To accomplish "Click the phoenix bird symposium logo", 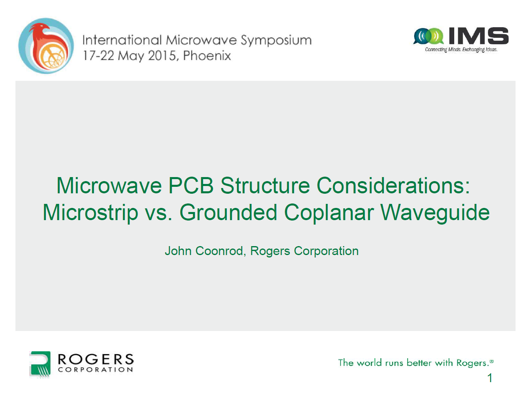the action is pyautogui.click(x=46, y=46).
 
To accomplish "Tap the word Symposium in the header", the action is pyautogui.click(x=276, y=41).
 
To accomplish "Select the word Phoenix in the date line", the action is pyautogui.click(x=207, y=56).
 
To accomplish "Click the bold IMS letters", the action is pyautogui.click(x=478, y=36).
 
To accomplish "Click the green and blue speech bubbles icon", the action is pyautogui.click(x=428, y=36).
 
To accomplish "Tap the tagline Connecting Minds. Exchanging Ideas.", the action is pyautogui.click(x=461, y=50).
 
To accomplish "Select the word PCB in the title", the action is pyautogui.click(x=191, y=185).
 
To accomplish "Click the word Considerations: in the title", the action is pyautogui.click(x=393, y=185).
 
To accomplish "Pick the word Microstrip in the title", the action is pyautogui.click(x=90, y=212).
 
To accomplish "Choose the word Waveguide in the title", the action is pyautogui.click(x=435, y=213).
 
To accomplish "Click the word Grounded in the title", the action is pyautogui.click(x=229, y=212).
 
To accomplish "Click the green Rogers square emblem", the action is pyautogui.click(x=40, y=364).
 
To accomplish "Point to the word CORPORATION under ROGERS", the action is pyautogui.click(x=95, y=370).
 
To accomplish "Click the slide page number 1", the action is pyautogui.click(x=490, y=378).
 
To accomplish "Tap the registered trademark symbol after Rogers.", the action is pyautogui.click(x=492, y=361).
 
